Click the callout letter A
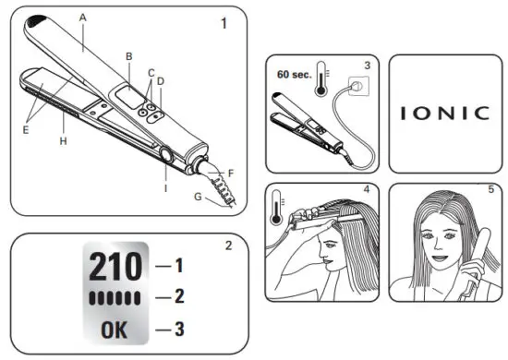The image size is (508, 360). click(x=83, y=18)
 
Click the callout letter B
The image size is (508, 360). click(x=128, y=55)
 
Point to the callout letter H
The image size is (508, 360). click(x=63, y=141)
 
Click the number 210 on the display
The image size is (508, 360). click(x=115, y=268)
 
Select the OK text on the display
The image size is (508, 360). click(x=115, y=329)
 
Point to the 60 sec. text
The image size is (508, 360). click(x=294, y=73)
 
